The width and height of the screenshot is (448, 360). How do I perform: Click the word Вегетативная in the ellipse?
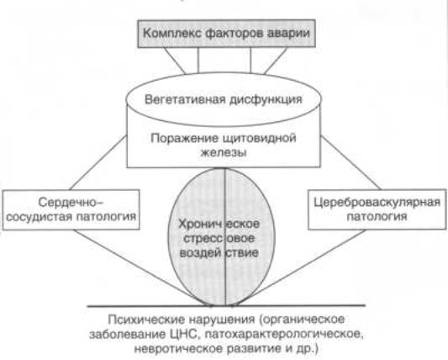[x=187, y=99]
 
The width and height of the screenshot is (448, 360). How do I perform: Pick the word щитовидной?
[x=259, y=139]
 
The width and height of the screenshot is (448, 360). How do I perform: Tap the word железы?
[x=224, y=152]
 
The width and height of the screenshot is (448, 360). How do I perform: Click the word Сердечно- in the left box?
[x=71, y=203]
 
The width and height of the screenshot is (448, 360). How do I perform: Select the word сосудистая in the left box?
[x=40, y=216]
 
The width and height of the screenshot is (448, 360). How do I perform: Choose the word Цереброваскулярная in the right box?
[x=377, y=202]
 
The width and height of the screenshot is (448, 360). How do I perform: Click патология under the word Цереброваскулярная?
[x=377, y=216]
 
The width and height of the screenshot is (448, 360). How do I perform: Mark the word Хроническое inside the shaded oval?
[x=219, y=224]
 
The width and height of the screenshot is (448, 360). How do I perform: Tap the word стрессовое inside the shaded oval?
[x=219, y=238]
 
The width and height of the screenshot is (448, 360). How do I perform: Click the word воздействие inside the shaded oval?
[x=219, y=253]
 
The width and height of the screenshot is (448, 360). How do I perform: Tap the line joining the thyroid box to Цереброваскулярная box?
[x=350, y=162]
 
